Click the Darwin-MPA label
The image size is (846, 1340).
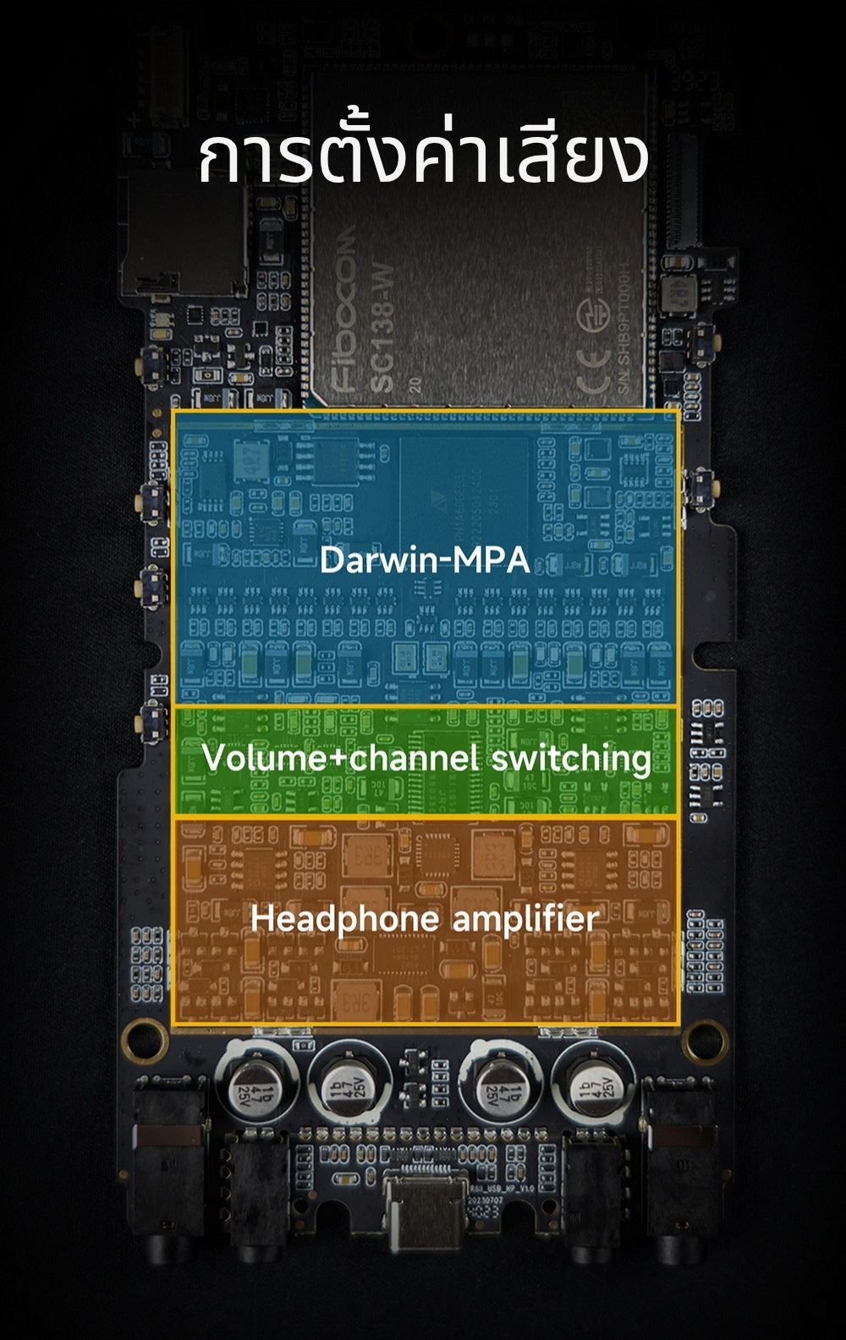tap(425, 560)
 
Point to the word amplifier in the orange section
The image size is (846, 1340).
tap(525, 919)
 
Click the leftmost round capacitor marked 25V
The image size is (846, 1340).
tap(255, 1079)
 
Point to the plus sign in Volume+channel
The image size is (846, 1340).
tap(338, 758)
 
